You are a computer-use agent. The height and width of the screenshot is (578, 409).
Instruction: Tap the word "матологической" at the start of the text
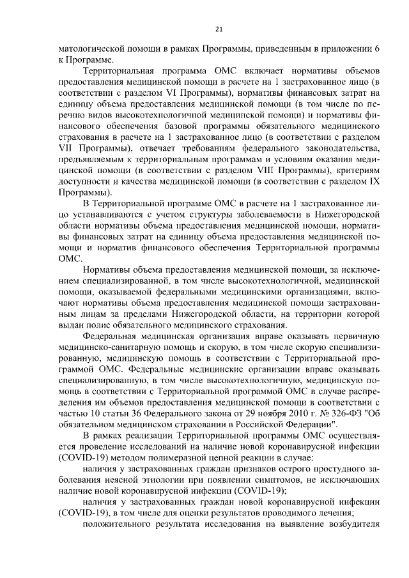coord(88,49)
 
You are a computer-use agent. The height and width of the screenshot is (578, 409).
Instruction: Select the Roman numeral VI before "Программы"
coord(185,95)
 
